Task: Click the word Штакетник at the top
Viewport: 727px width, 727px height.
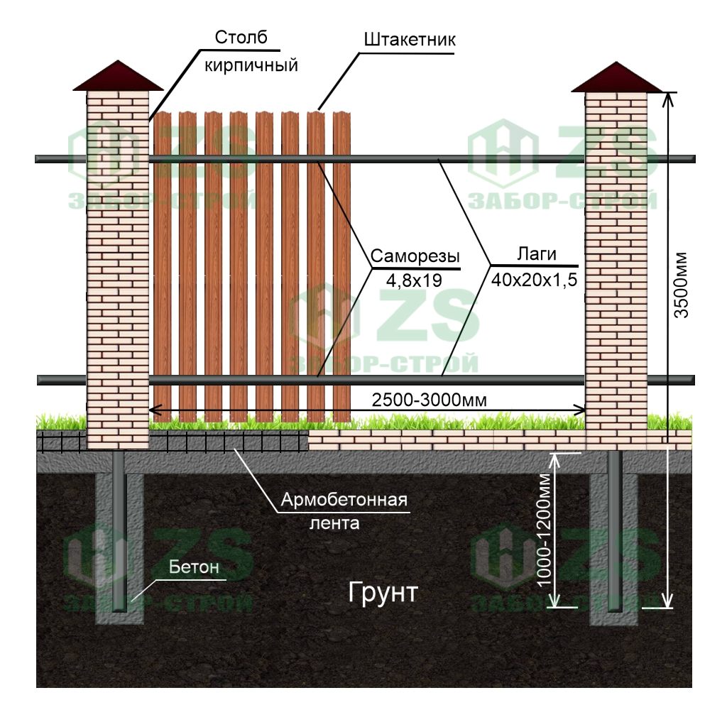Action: click(x=409, y=39)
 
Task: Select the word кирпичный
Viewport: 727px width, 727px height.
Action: click(x=250, y=65)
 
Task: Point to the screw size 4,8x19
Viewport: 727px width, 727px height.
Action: click(x=414, y=280)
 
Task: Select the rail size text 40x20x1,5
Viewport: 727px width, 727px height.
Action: click(x=534, y=280)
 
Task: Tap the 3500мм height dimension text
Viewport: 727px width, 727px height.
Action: click(x=682, y=285)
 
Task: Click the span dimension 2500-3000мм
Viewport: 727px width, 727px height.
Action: click(x=429, y=400)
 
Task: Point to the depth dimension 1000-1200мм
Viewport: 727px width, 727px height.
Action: click(x=545, y=528)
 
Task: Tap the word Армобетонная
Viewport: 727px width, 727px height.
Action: click(x=344, y=500)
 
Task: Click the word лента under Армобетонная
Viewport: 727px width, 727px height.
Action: click(x=334, y=524)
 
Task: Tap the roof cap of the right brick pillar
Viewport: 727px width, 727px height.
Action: click(x=616, y=77)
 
